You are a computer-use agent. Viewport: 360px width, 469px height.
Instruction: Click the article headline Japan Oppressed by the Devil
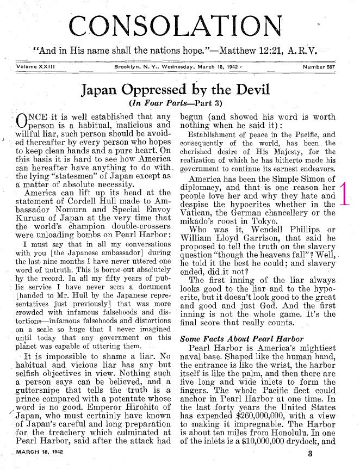coord(179,89)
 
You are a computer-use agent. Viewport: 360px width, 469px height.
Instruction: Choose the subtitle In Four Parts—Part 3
coord(179,102)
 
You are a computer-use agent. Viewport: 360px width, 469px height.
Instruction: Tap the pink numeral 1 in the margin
coord(343,195)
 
